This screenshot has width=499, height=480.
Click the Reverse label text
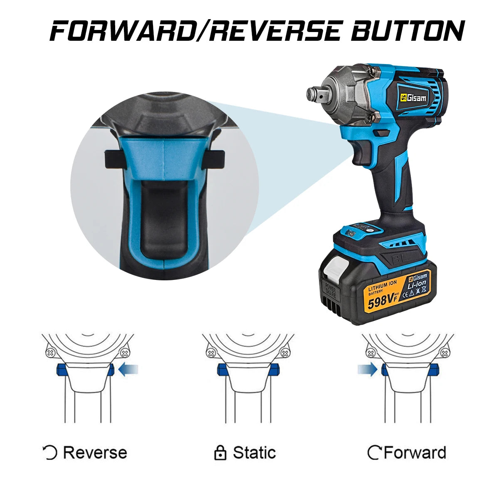point(95,453)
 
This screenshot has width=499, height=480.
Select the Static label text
point(254,453)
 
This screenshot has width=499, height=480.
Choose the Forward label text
point(415,453)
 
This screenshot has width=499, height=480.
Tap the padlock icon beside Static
point(220,453)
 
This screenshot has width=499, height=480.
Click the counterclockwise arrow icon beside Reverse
point(50,453)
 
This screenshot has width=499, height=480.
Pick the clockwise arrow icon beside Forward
point(374,453)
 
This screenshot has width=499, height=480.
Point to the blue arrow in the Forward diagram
point(367,369)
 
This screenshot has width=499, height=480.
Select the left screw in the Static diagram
point(211,354)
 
